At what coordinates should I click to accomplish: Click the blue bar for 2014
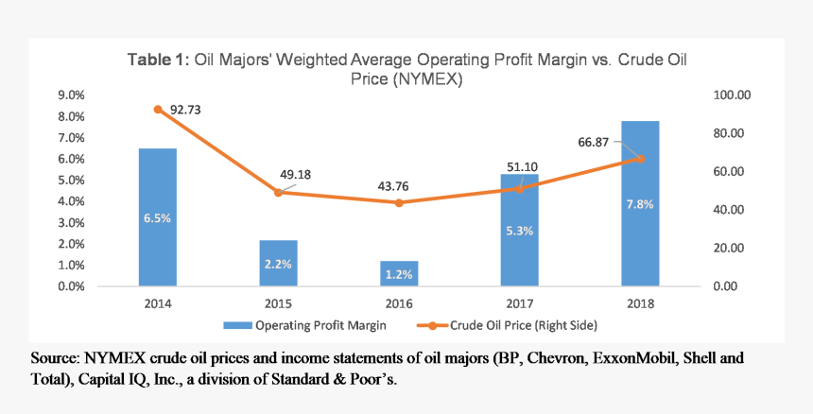click(x=158, y=217)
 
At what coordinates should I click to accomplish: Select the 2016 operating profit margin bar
click(x=399, y=273)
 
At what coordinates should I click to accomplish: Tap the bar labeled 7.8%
click(x=640, y=203)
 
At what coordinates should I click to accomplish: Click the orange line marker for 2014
click(x=158, y=110)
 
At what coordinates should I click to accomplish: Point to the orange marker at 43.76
click(x=399, y=202)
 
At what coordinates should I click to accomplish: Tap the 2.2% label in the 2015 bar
click(x=278, y=265)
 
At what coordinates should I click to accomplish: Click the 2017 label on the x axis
click(x=519, y=303)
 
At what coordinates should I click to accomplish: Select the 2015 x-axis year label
click(x=278, y=303)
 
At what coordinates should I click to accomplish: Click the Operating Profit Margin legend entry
click(x=313, y=325)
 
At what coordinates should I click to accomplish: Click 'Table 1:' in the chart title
click(x=159, y=60)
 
